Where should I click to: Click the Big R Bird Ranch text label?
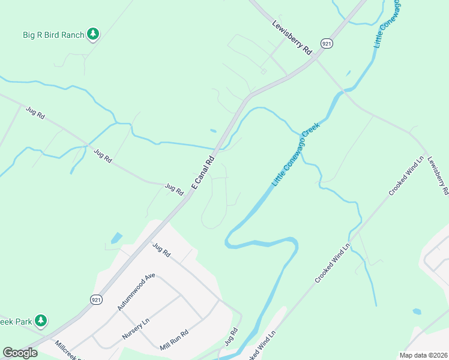point(53,35)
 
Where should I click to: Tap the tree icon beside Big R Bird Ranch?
point(92,34)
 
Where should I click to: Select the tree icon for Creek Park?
point(41,321)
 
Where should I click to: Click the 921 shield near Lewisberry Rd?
point(326,44)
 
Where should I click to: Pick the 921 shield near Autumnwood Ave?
point(95,299)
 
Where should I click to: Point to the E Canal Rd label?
point(203,173)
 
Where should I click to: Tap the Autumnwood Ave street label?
point(136,292)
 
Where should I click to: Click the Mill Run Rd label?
point(174,340)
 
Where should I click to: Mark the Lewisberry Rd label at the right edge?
point(438,177)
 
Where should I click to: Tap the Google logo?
point(20,353)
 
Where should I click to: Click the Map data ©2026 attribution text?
point(423,355)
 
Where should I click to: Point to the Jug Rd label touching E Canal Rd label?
point(174,189)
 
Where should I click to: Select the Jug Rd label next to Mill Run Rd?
point(232,335)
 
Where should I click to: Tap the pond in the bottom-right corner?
point(417,311)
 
